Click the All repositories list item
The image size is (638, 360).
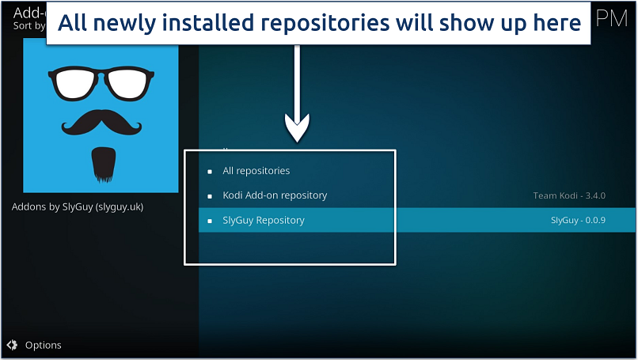pyautogui.click(x=256, y=171)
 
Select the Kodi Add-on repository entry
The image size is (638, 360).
pyautogui.click(x=275, y=195)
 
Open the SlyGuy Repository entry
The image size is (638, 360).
pyautogui.click(x=264, y=221)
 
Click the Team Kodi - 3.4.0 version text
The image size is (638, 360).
pyautogui.click(x=569, y=195)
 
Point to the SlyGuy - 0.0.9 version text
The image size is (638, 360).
pyautogui.click(x=578, y=221)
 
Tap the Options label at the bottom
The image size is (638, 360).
pyautogui.click(x=43, y=345)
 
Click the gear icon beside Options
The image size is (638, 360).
pyautogui.click(x=12, y=345)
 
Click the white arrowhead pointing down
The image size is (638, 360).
pyautogui.click(x=297, y=127)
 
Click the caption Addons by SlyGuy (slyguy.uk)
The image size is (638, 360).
pyautogui.click(x=78, y=207)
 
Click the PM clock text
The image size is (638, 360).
pyautogui.click(x=612, y=18)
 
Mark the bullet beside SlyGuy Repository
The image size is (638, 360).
pyautogui.click(x=210, y=221)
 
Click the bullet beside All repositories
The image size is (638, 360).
pyautogui.click(x=210, y=171)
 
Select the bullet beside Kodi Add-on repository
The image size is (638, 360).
pyautogui.click(x=210, y=195)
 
